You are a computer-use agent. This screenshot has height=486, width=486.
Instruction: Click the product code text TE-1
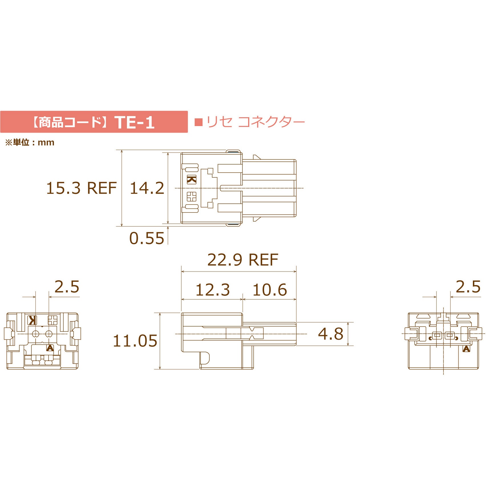pos(134,122)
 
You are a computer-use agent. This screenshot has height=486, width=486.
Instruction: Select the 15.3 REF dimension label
pos(81,188)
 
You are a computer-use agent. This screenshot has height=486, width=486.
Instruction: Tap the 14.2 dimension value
pos(147,188)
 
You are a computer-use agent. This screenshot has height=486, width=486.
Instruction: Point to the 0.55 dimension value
pos(147,238)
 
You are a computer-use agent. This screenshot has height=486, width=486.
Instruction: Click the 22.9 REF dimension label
pos(242,260)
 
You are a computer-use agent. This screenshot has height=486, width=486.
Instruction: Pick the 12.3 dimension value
pos(212,290)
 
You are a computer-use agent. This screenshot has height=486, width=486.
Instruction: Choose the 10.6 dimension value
pos(270,290)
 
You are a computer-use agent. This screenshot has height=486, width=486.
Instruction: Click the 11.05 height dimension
pos(135,341)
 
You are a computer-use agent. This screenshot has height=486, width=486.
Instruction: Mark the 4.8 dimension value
pos(331,334)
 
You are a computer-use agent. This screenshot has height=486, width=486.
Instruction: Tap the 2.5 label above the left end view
pos(67,287)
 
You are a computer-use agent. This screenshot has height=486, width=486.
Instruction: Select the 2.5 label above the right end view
pos(468,287)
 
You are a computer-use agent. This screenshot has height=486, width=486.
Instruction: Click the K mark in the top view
pos(192,180)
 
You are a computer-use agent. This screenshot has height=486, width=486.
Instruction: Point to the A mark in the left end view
pos(50,348)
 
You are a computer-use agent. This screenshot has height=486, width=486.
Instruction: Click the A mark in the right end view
pos(466,349)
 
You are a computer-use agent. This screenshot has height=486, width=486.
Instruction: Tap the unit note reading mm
pos(30,142)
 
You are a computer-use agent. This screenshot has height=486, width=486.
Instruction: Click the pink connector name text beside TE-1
pos(255,122)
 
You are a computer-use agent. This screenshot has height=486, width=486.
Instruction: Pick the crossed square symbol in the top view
pos(192,197)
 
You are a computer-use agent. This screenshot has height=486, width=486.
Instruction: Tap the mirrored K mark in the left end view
pos(32,320)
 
